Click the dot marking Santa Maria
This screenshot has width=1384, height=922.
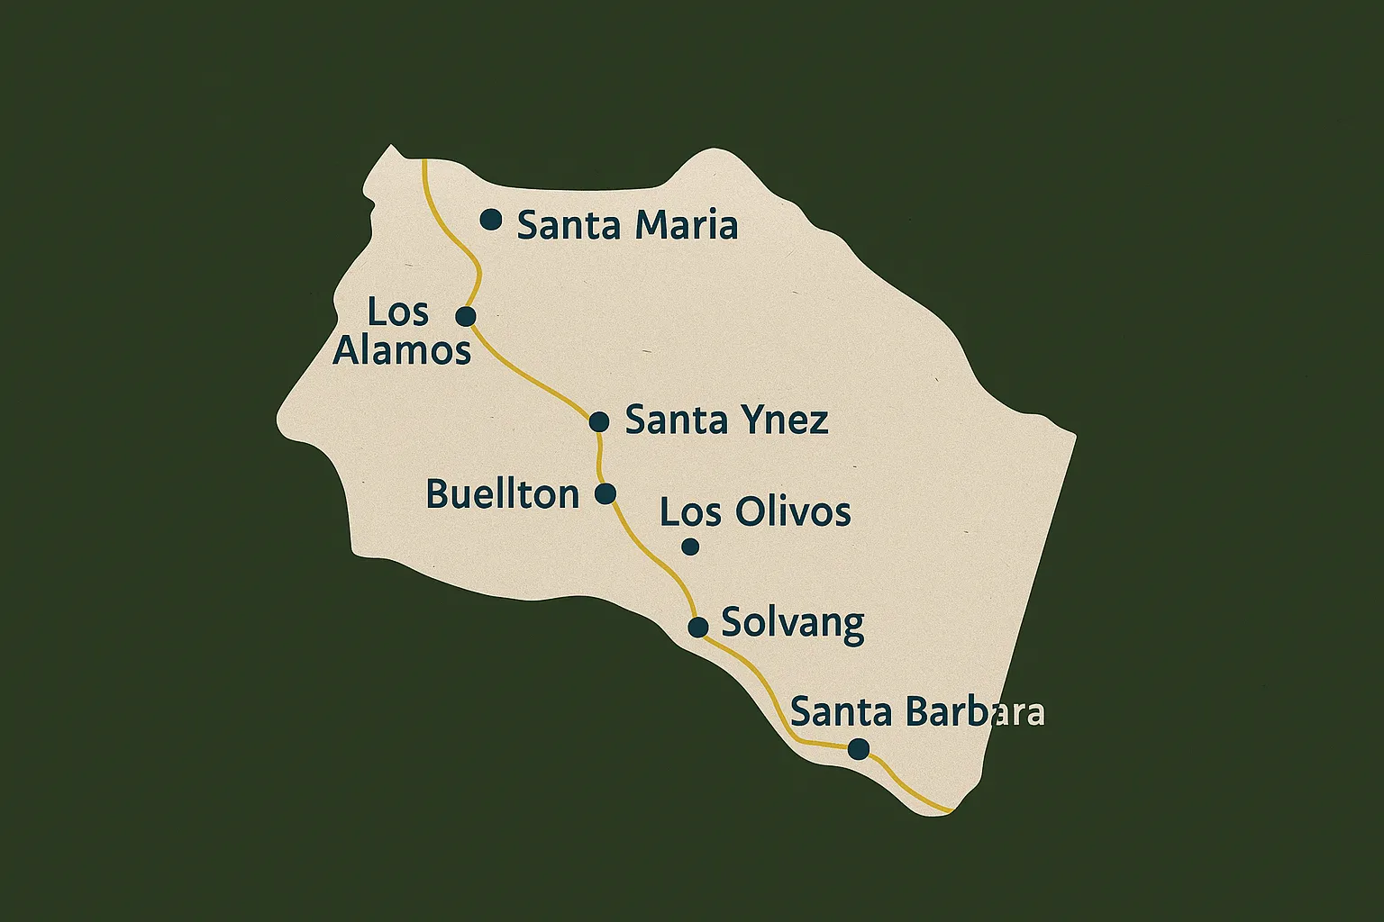[x=490, y=219]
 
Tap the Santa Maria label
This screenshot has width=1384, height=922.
[x=627, y=225]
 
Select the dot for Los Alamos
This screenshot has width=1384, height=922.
[x=466, y=316]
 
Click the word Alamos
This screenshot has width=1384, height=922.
[x=402, y=350]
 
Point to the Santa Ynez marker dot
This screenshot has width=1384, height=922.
[x=599, y=421]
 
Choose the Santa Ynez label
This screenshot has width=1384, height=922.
[x=726, y=420]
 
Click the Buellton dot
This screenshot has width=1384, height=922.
[x=605, y=493]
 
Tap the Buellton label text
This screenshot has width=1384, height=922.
[x=502, y=494]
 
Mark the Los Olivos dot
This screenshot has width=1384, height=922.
[x=690, y=546]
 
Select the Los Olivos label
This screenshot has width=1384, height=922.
[x=755, y=512]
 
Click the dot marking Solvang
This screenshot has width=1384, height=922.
[x=697, y=627]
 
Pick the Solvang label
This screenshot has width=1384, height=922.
[x=793, y=623]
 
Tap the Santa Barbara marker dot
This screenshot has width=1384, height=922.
[x=859, y=748]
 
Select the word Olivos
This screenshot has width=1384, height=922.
[x=793, y=512]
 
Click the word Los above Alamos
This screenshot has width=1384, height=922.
[x=397, y=312]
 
